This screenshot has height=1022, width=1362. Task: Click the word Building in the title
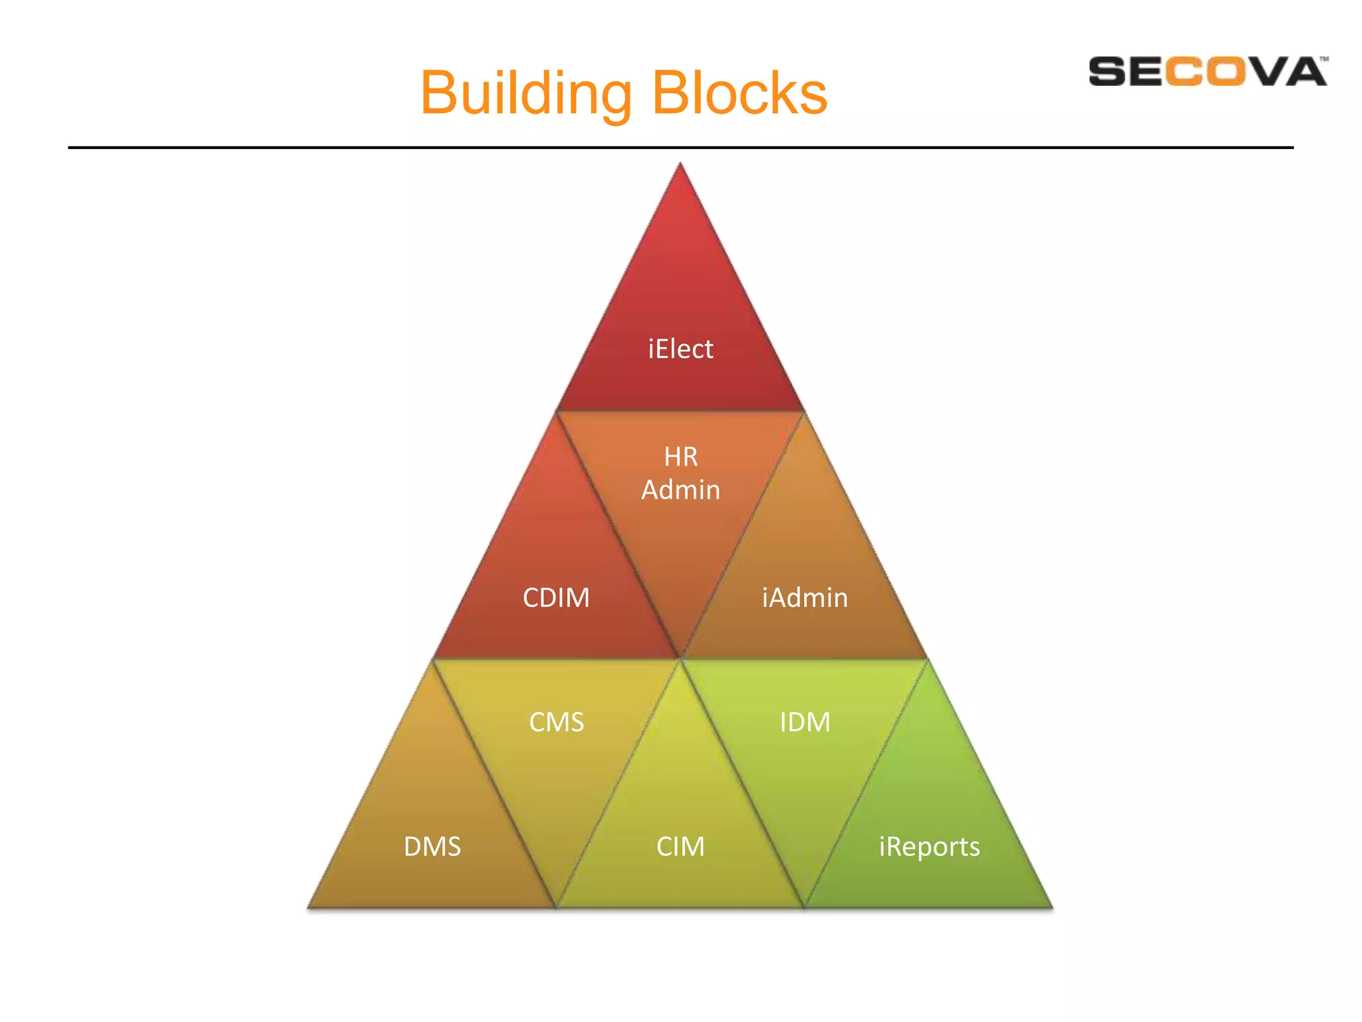click(x=525, y=93)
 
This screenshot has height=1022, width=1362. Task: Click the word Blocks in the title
click(x=740, y=93)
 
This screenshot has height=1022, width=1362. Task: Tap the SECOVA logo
click(x=1207, y=71)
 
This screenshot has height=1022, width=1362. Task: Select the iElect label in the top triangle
click(x=680, y=349)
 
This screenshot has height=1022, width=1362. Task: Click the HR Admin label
click(x=680, y=473)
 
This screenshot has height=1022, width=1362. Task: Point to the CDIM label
click(x=556, y=597)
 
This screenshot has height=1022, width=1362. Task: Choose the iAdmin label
click(x=805, y=597)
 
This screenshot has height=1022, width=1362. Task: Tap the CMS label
click(x=556, y=722)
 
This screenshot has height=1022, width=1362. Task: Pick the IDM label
click(x=805, y=722)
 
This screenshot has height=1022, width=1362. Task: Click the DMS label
click(x=432, y=846)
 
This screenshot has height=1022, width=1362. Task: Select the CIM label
click(x=680, y=846)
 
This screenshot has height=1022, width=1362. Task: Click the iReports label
click(x=929, y=846)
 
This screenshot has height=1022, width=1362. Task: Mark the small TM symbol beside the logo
click(x=1323, y=59)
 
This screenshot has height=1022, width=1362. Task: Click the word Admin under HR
click(x=680, y=490)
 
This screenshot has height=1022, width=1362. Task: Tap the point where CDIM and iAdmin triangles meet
click(x=680, y=657)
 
